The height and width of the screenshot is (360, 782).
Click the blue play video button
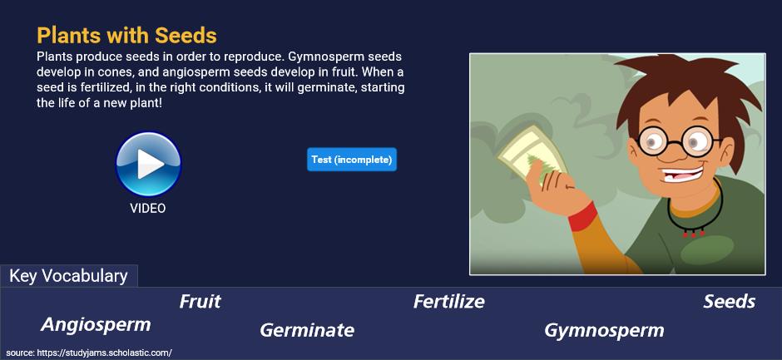click(148, 164)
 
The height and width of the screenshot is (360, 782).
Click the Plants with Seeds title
click(126, 36)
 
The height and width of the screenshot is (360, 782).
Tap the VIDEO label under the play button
click(147, 208)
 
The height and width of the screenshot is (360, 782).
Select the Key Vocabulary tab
click(69, 276)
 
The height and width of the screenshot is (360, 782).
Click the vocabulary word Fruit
click(200, 302)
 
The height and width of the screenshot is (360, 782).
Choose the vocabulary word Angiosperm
click(96, 324)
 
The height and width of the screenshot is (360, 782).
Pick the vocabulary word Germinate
click(307, 329)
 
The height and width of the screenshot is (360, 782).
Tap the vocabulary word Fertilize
click(449, 302)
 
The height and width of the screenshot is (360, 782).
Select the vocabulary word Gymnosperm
click(604, 330)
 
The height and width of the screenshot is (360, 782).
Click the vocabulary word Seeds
click(729, 302)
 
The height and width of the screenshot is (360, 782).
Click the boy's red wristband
click(583, 216)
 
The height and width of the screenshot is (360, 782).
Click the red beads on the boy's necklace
click(693, 232)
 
